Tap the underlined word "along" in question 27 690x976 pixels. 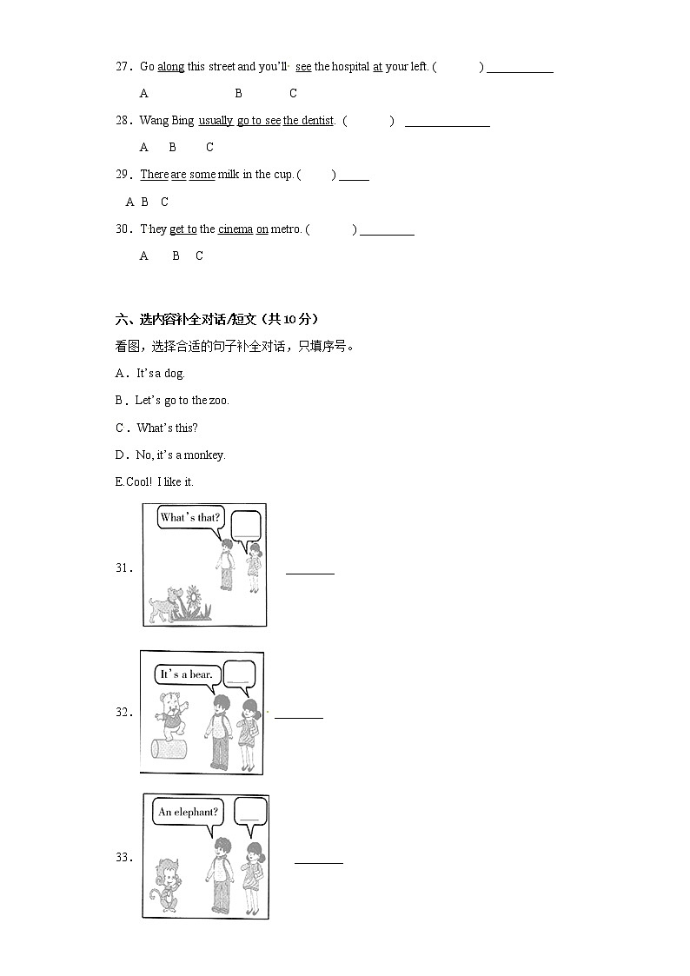point(170,67)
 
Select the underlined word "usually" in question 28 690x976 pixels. point(216,121)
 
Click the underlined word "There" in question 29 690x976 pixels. point(154,175)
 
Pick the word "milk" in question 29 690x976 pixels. point(229,175)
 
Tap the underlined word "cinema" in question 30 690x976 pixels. point(236,229)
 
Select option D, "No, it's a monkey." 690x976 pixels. point(170,455)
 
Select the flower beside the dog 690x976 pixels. point(192,601)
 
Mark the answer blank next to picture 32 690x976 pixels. point(299,717)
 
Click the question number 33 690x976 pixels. point(124,858)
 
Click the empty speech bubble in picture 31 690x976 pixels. point(246,524)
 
